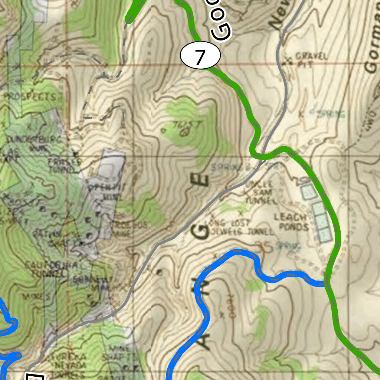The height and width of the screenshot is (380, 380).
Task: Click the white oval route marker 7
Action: [x=200, y=56]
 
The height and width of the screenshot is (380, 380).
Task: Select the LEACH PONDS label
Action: [x=291, y=222]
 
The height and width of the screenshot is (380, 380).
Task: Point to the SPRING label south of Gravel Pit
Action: [x=331, y=113]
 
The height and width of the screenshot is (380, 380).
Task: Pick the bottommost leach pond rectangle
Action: [x=324, y=235]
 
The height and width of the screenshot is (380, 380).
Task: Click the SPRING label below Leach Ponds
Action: [x=289, y=245]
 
